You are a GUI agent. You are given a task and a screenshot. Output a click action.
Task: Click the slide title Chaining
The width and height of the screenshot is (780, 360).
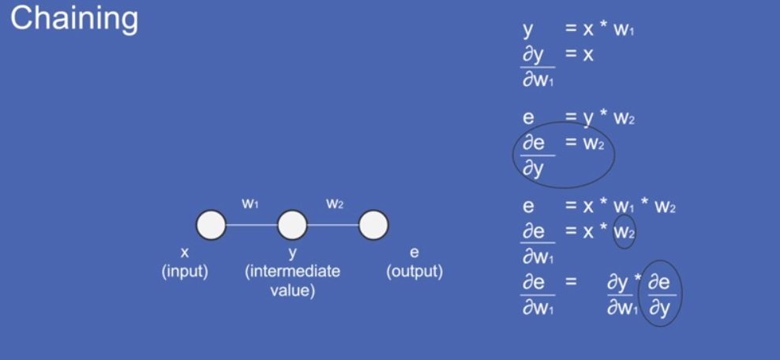point(74,18)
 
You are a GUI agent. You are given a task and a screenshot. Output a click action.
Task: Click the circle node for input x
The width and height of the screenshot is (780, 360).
point(211,225)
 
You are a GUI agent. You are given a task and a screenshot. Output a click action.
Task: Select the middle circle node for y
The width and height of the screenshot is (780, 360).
point(292,225)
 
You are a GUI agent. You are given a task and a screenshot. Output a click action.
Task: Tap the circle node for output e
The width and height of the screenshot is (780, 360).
point(373,225)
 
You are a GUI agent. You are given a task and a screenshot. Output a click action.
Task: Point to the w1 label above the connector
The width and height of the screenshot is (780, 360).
point(250,204)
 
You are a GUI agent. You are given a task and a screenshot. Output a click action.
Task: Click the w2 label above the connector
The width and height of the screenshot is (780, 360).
point(335,204)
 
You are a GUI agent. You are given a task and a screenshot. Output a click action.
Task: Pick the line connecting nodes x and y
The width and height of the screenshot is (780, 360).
point(251,225)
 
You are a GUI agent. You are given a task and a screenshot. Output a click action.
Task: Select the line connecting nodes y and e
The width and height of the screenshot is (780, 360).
point(332,225)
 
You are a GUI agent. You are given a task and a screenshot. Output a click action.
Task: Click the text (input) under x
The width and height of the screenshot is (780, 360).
point(185,272)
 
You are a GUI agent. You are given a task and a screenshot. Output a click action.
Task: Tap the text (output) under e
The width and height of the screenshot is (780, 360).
point(414,272)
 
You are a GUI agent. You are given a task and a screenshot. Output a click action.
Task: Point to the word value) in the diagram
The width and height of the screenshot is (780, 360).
point(293,291)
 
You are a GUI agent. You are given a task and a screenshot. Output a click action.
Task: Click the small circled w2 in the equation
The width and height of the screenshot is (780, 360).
point(624,232)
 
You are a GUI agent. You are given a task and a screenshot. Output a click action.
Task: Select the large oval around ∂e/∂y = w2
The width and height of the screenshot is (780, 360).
point(563,155)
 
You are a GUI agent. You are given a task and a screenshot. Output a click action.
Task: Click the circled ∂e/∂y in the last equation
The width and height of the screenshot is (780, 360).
point(659,293)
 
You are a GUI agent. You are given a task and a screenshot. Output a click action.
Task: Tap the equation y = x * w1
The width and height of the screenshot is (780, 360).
point(578,31)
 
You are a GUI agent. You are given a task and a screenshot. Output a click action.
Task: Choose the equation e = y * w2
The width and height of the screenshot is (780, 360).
point(578,118)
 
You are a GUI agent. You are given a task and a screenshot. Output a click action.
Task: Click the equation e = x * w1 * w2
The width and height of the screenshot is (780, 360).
point(598,207)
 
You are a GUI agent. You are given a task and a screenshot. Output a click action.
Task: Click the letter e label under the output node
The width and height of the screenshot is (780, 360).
point(414,253)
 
